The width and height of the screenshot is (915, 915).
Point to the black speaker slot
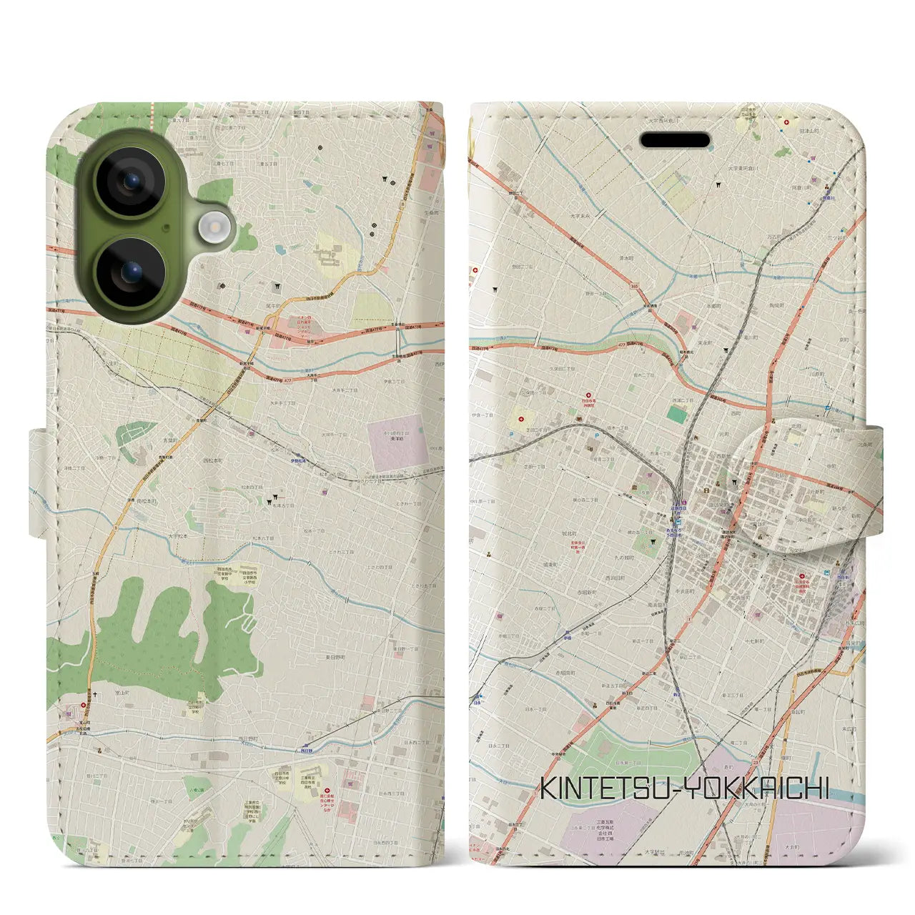(x=676, y=140)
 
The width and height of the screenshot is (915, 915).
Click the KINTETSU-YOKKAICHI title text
(x=684, y=788)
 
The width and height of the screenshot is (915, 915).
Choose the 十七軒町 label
(x=753, y=641)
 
